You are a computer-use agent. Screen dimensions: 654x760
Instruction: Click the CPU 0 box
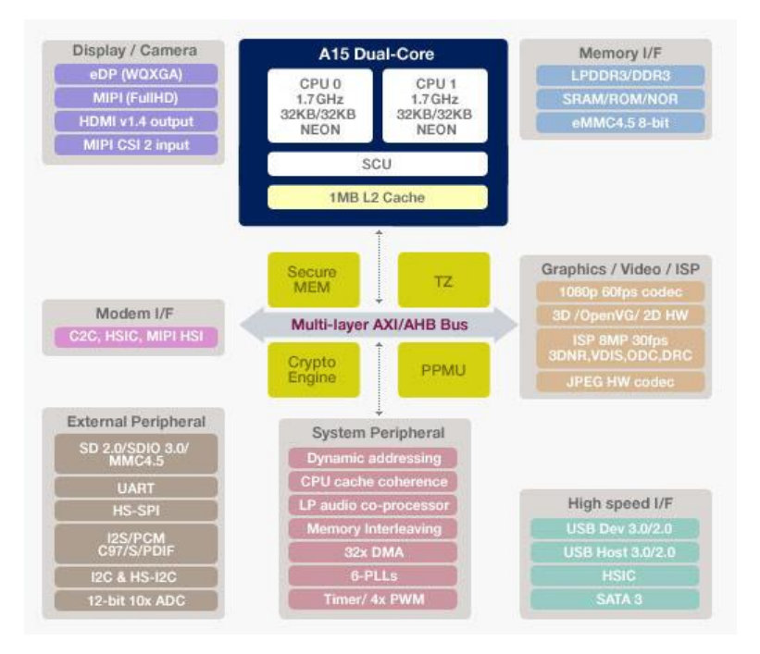click(x=319, y=105)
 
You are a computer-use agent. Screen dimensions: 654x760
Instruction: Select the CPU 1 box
click(x=434, y=105)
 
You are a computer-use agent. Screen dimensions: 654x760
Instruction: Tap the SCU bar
click(x=377, y=165)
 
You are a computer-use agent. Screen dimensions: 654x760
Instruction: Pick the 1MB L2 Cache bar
click(x=377, y=197)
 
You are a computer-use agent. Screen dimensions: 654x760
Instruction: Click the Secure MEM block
click(x=312, y=280)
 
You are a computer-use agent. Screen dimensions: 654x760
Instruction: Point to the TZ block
click(x=443, y=280)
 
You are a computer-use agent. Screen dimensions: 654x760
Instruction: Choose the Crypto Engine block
click(x=312, y=369)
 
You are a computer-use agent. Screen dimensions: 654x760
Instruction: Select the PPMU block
click(x=443, y=369)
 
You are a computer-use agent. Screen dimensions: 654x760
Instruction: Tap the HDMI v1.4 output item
click(x=136, y=121)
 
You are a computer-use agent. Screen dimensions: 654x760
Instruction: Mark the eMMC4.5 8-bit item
click(x=618, y=122)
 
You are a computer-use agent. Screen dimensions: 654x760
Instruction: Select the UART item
click(x=136, y=487)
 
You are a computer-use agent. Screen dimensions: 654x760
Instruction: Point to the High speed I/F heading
click(x=620, y=503)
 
